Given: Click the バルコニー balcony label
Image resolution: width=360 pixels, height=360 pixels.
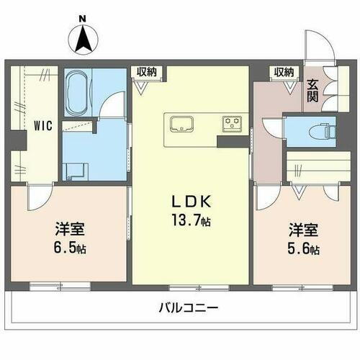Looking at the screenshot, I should click(x=189, y=308).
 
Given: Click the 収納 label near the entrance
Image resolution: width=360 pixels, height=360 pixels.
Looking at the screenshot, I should click(x=284, y=71).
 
